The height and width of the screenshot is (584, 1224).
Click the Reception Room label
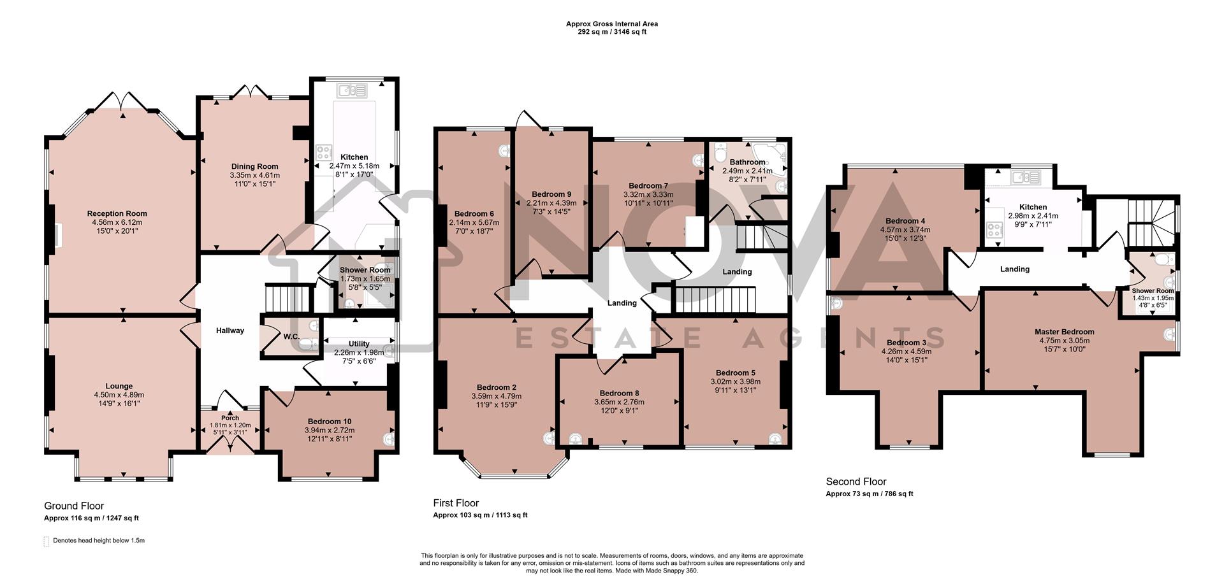117,214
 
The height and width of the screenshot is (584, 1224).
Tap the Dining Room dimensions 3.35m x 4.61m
254,175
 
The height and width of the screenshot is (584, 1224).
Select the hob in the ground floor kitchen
324,152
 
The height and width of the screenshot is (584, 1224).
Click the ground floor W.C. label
291,336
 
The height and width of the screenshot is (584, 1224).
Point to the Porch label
230,418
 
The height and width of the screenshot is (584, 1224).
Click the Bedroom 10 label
329,422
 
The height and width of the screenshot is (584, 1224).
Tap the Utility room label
359,344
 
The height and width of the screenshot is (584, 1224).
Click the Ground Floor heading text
74,506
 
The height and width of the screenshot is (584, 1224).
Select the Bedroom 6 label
474,214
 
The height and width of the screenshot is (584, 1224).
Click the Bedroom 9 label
551,194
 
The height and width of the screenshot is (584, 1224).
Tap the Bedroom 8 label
618,394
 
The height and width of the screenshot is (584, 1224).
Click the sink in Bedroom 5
775,438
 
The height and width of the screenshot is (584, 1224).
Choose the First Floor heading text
456,503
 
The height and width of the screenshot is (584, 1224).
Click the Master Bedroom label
1064,332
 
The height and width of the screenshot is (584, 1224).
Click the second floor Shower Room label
1153,291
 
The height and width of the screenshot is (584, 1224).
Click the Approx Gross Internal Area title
612,24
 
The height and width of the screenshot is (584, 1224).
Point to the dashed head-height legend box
46,541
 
